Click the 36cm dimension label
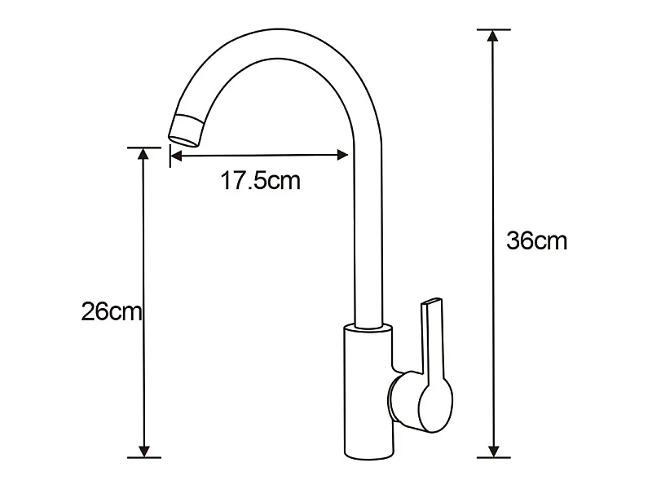[536, 240]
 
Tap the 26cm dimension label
[112, 311]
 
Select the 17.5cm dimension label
[260, 181]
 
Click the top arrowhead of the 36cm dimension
[493, 36]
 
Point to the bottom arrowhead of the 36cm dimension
[494, 452]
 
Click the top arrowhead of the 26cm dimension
[143, 153]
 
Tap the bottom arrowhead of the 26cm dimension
[144, 452]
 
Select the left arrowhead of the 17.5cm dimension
[176, 156]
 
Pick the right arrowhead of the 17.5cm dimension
[342, 155]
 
